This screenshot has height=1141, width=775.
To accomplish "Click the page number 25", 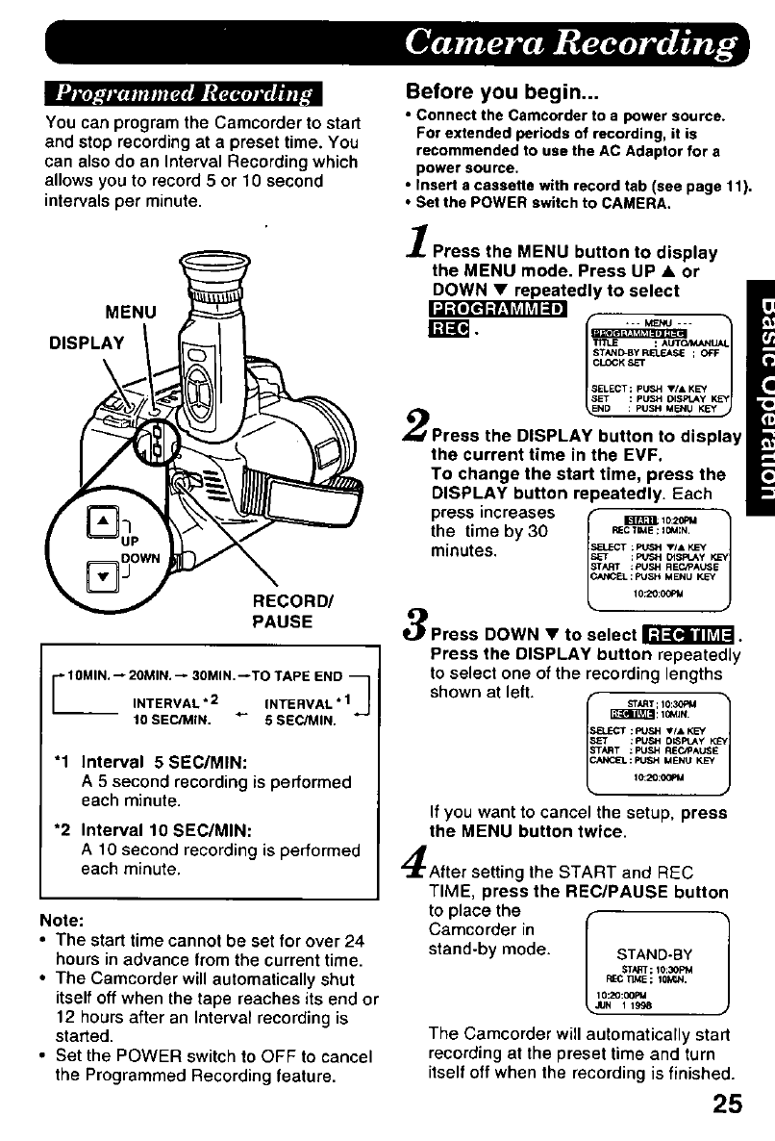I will tap(729, 1099).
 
